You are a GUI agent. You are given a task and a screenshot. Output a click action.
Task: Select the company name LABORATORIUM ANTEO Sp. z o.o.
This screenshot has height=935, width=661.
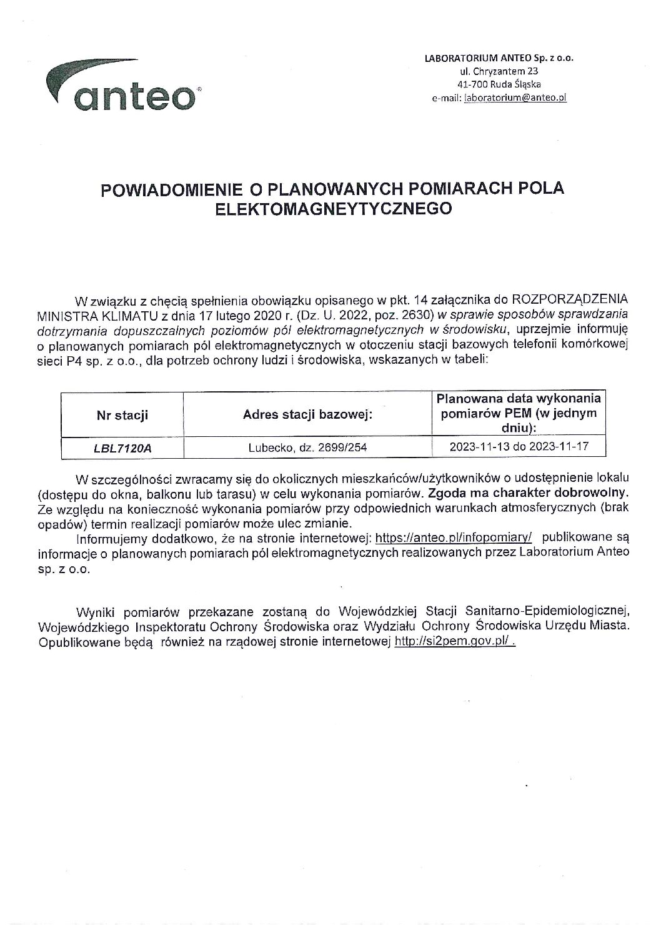(x=499, y=58)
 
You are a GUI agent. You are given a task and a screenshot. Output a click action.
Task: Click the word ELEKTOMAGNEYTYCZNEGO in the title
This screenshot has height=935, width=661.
(x=332, y=209)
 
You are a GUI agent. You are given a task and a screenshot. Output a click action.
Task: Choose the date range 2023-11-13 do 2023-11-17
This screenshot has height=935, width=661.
(x=519, y=446)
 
